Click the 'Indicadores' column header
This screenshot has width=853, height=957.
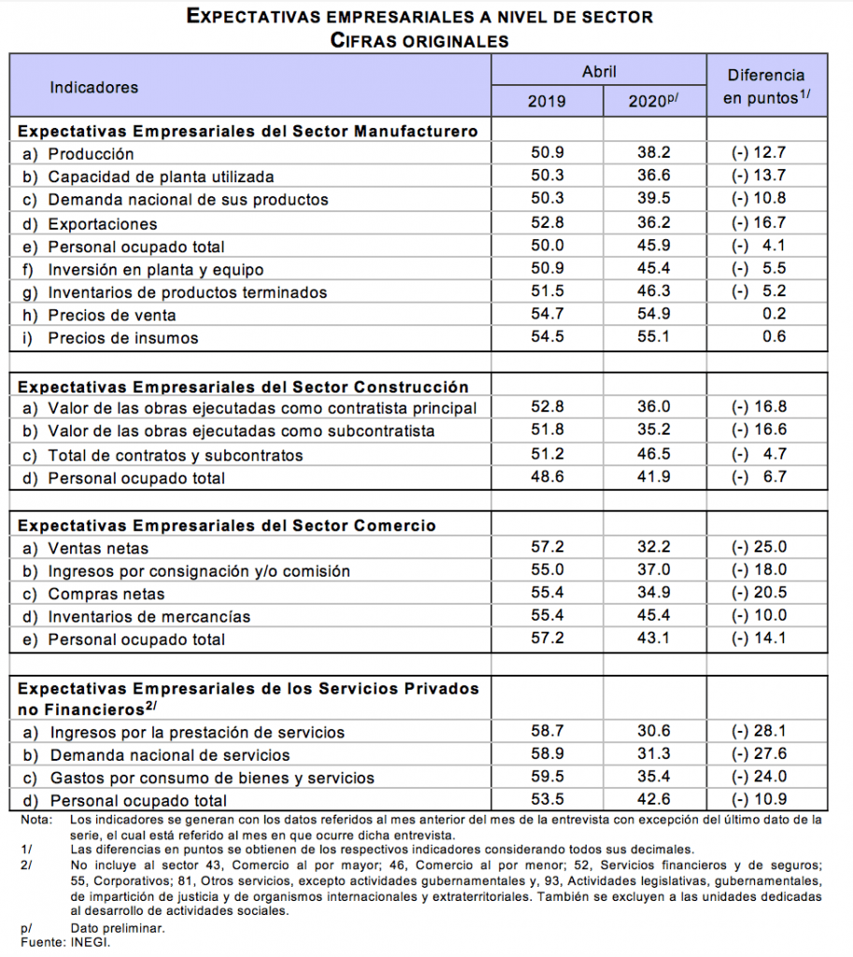(x=93, y=87)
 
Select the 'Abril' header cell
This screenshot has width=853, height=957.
(x=599, y=71)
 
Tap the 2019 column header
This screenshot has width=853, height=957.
(x=547, y=101)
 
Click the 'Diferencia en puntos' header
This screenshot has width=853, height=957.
(x=765, y=86)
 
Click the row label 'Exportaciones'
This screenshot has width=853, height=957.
(x=102, y=223)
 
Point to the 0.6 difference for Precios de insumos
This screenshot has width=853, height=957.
(x=774, y=337)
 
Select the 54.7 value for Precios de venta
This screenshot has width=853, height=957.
(x=547, y=315)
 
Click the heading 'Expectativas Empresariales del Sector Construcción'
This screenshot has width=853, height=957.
(x=243, y=386)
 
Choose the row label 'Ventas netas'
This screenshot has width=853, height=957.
(x=98, y=549)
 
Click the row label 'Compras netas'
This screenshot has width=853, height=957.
(x=106, y=594)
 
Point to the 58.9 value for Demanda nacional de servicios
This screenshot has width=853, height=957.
(x=547, y=754)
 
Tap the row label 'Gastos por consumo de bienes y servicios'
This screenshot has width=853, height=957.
(x=211, y=778)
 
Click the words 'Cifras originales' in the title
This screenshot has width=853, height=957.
(x=419, y=40)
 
